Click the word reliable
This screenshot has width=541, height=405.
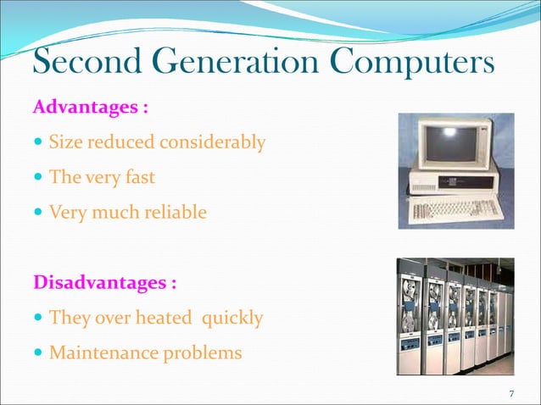point(175,212)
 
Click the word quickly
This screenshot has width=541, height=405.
point(231,319)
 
